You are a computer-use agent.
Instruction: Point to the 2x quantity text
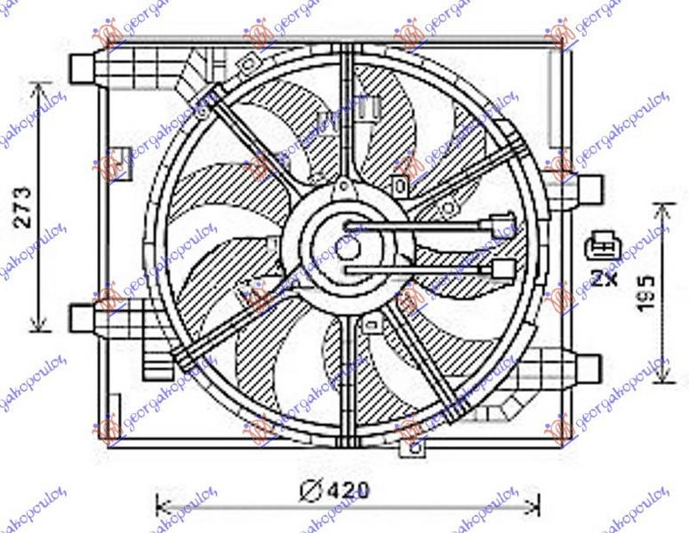(x=605, y=274)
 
